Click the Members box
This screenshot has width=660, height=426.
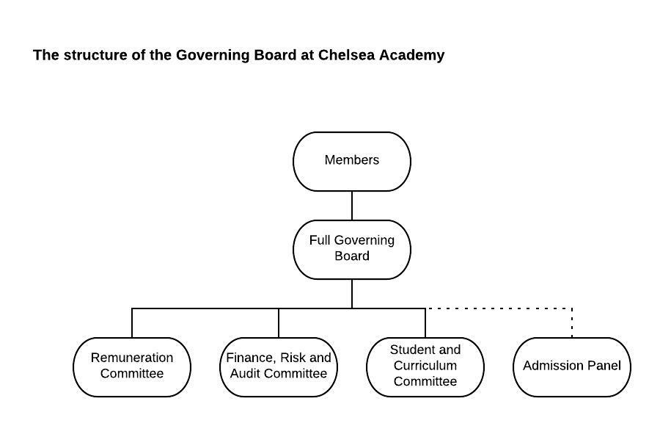coord(352,162)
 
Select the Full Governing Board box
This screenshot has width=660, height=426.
coord(352,250)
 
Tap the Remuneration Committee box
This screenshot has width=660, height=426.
coord(132,367)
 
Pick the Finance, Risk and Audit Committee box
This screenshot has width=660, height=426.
coord(279,367)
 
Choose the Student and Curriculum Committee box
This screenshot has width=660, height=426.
coord(425,367)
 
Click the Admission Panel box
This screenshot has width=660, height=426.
coord(572,367)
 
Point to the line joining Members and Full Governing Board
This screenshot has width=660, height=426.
coord(352,206)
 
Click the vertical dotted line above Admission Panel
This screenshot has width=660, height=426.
coord(572,323)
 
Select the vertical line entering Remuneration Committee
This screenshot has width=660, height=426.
coord(132,323)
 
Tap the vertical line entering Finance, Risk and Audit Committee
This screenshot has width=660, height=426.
coord(279,323)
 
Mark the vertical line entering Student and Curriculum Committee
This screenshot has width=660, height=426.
coord(425,323)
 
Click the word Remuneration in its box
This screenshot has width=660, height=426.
coord(132,358)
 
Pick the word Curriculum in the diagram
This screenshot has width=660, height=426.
coord(425,365)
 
